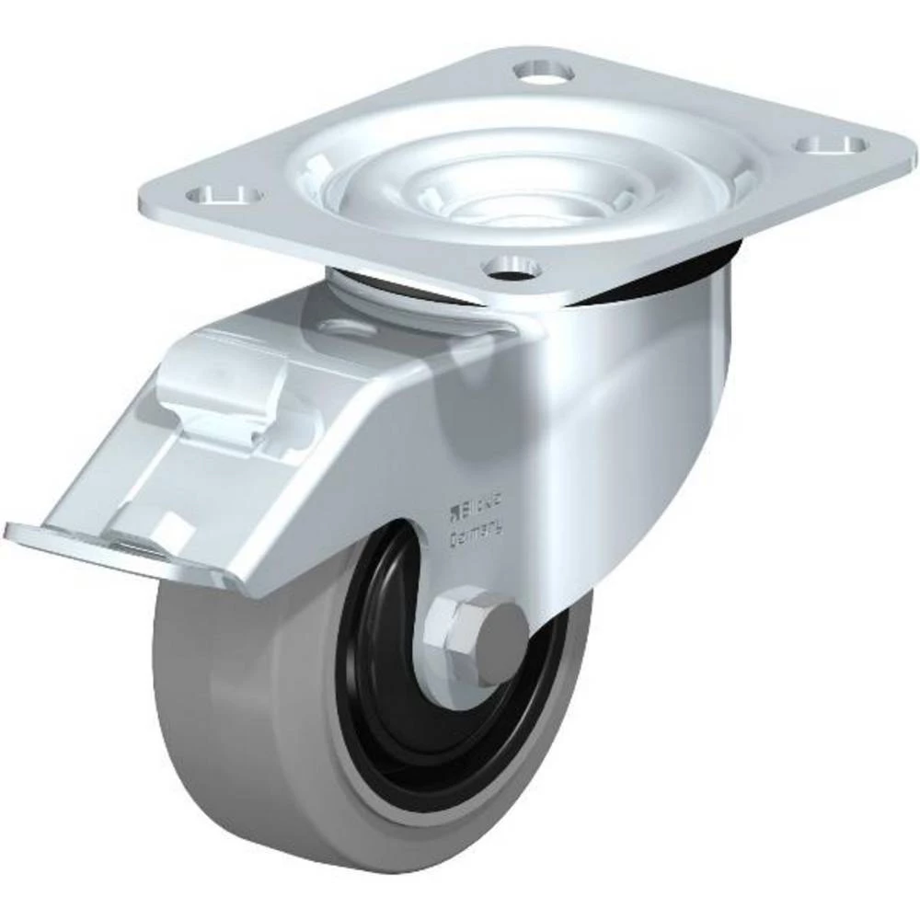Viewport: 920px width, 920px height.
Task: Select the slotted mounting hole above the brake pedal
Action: click(224, 194)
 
